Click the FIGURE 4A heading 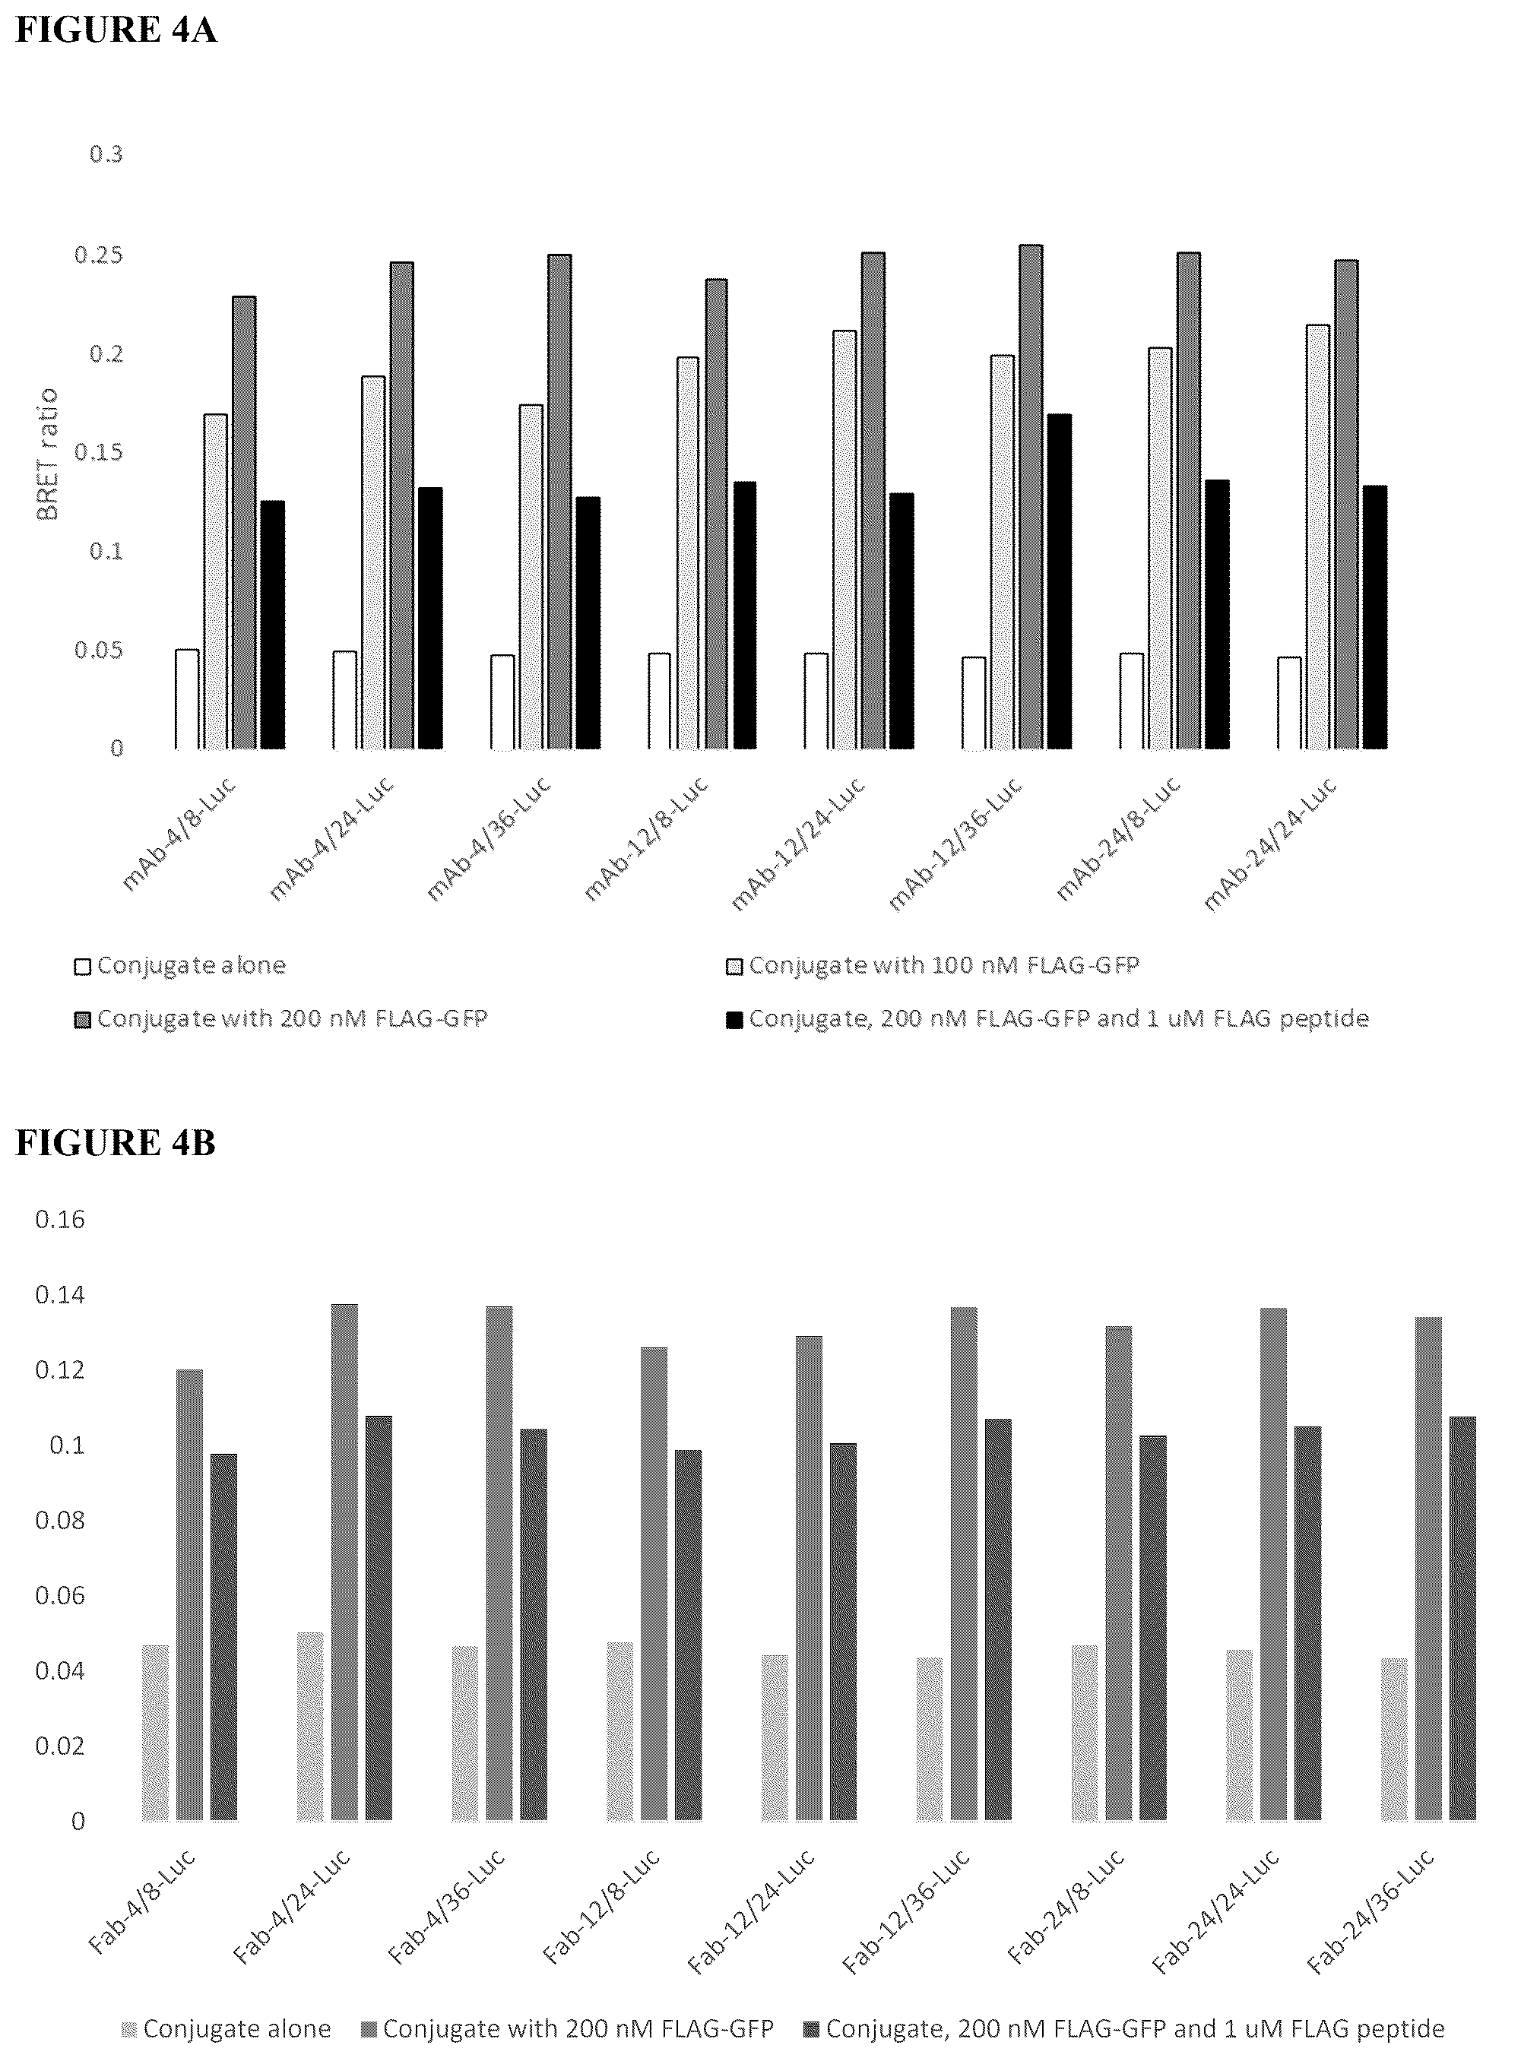pyautogui.click(x=116, y=30)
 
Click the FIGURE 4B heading pyautogui.click(x=116, y=1142)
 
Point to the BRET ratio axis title pyautogui.click(x=47, y=454)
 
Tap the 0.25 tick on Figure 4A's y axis pyautogui.click(x=99, y=255)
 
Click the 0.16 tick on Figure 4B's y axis pyautogui.click(x=60, y=1220)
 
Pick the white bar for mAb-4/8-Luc pyautogui.click(x=187, y=698)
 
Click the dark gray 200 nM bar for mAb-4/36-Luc pyautogui.click(x=559, y=502)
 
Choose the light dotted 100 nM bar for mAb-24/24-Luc pyautogui.click(x=1317, y=537)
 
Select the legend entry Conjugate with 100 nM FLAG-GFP pyautogui.click(x=933, y=965)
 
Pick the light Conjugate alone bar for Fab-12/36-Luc pyautogui.click(x=930, y=1740)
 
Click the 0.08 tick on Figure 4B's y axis pyautogui.click(x=60, y=1520)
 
